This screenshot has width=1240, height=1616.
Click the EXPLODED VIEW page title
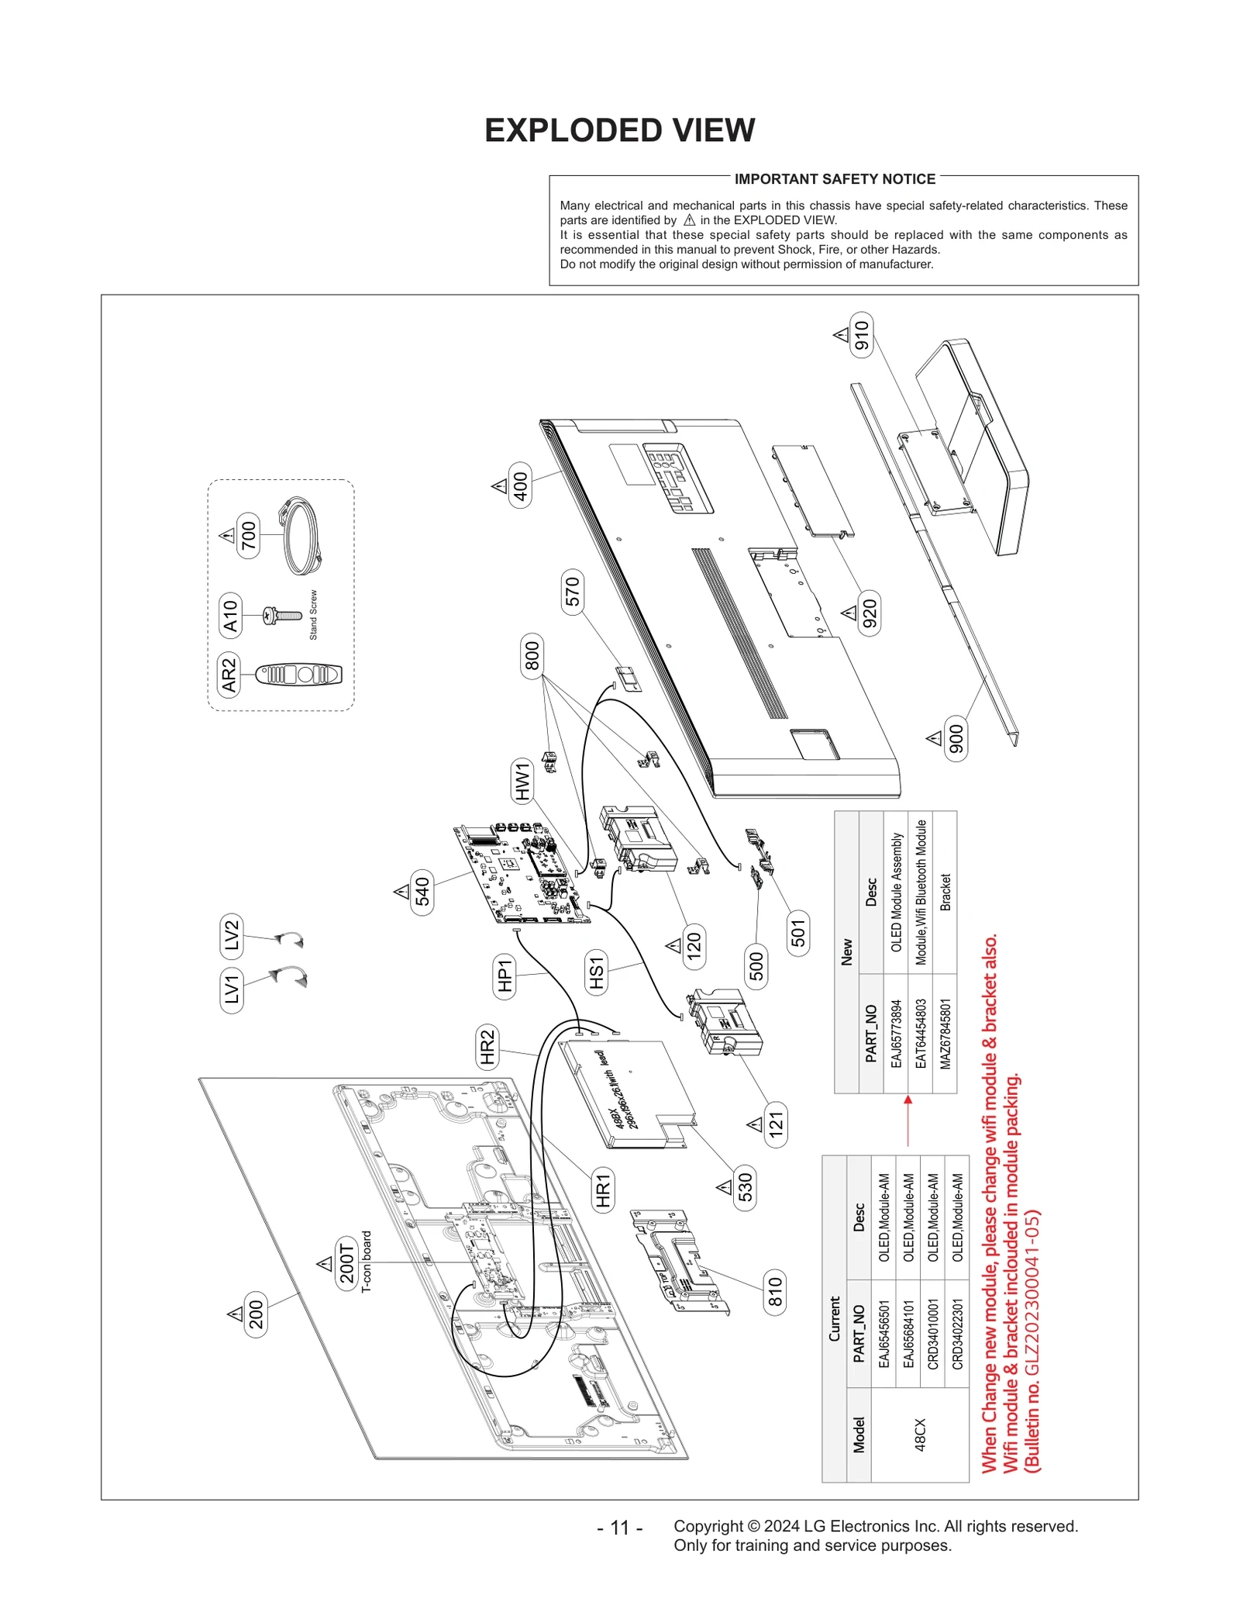619,130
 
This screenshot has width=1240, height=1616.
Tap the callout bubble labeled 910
861,335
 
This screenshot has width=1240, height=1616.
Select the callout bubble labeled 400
520,485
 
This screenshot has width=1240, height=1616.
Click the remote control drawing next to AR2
299,675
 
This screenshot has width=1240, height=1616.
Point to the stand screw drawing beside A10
282,616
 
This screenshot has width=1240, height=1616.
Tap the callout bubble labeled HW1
522,781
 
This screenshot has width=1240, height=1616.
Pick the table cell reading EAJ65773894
896,1034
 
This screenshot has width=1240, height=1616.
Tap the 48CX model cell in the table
920,1435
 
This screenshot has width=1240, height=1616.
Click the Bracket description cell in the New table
945,892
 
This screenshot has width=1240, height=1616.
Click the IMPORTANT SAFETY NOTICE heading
835,179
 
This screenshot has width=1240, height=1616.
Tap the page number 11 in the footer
619,1527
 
